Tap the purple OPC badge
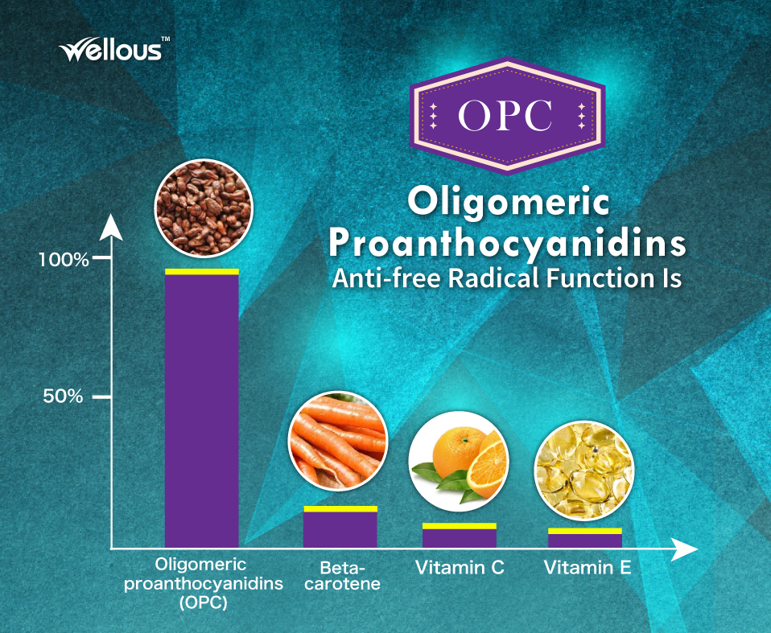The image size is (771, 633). pos(508,116)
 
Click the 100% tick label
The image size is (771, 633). pos(64,260)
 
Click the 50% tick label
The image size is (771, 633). pos(64,396)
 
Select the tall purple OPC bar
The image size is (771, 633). pos(201,411)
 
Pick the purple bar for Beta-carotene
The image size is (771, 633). pos(340,530)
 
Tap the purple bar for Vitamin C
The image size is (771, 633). pos(460,538)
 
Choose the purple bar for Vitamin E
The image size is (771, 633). pos(585,541)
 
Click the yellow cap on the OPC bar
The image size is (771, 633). pos(201,271)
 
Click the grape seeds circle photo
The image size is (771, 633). pos(204,208)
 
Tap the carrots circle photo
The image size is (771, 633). pos(338,442)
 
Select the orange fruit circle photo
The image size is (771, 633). pos(459,462)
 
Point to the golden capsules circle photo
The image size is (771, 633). pos(584,471)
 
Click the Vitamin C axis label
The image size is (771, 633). pos(460,568)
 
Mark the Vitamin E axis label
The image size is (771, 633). pos(588,568)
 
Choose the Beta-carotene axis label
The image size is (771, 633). pos(343,576)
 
